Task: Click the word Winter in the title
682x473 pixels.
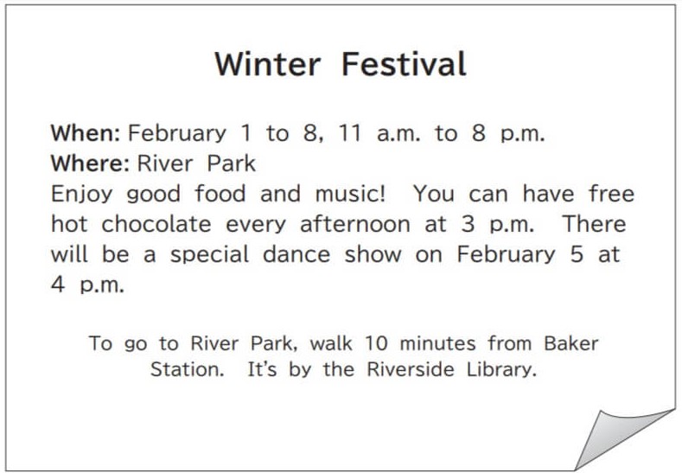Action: pos(267,64)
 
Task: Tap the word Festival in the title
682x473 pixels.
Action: pos(404,64)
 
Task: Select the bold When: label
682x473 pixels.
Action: pos(86,132)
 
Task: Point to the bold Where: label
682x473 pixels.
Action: pos(90,163)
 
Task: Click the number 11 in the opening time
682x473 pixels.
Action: pos(350,132)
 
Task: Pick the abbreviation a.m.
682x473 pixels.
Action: pos(398,134)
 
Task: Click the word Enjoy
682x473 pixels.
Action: pos(82,194)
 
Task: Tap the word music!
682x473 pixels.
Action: pos(351,194)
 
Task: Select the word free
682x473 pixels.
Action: pos(611,193)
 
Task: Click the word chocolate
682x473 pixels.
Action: pos(156,224)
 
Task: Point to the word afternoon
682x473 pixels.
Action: pos(355,224)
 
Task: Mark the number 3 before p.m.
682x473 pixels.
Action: pos(468,224)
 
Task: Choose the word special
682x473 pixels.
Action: pos(210,255)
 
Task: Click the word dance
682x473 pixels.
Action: pos(296,254)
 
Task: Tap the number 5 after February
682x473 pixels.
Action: pos(577,254)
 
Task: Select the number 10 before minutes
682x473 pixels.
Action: pos(376,343)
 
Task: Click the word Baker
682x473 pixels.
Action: pos(571,343)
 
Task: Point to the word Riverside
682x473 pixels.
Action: pos(411,369)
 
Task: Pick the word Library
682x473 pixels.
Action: pos(501,370)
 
